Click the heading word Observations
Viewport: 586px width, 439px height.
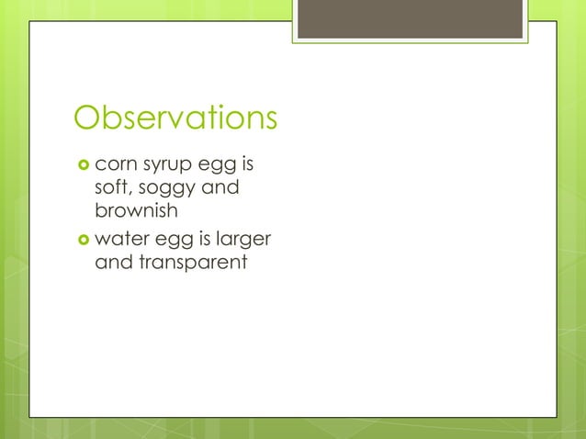(x=175, y=118)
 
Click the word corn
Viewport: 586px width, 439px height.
(x=116, y=167)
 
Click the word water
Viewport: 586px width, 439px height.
(x=120, y=241)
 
